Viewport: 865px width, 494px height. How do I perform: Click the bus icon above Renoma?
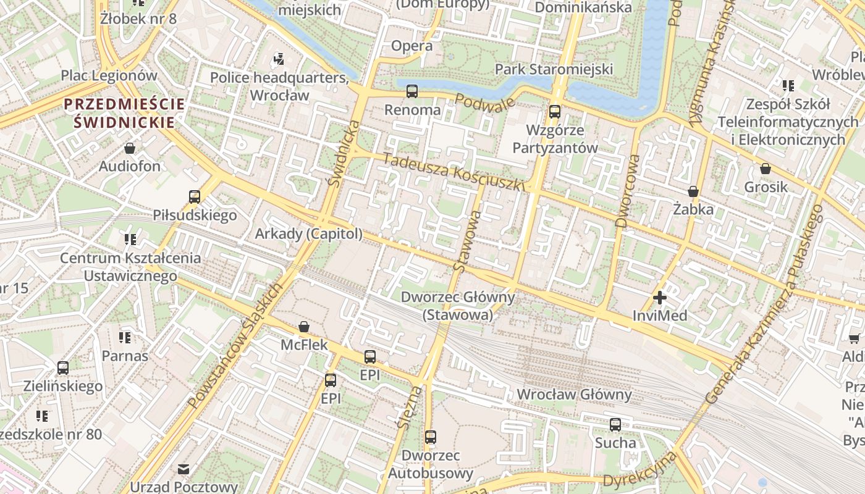[412, 91]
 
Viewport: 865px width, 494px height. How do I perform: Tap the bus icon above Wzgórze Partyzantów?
[555, 112]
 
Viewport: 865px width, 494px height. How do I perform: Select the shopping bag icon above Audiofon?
[130, 148]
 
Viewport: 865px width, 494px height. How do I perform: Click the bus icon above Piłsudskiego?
[195, 197]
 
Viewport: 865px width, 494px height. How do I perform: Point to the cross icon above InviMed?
[660, 298]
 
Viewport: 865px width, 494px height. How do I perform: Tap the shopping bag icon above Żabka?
[693, 191]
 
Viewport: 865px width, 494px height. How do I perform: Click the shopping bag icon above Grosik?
[766, 169]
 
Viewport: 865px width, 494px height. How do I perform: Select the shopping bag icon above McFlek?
[304, 326]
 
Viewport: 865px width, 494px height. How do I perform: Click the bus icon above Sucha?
[615, 424]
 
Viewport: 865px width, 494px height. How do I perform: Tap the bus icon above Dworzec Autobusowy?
[431, 437]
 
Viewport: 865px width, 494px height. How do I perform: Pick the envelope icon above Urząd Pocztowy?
[184, 469]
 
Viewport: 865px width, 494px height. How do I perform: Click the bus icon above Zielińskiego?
[63, 368]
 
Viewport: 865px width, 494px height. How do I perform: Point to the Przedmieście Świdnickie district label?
[124, 113]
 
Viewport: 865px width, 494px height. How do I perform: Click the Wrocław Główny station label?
[574, 395]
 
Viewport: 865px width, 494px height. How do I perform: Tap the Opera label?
[412, 46]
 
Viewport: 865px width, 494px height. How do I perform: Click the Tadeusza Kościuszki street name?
[454, 172]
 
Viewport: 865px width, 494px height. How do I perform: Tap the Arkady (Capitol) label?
[308, 234]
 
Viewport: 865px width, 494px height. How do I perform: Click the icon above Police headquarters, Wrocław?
[279, 59]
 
